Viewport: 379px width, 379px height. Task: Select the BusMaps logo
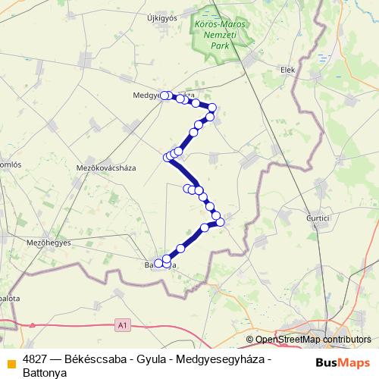point(343,362)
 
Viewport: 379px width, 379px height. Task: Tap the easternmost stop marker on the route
point(221,222)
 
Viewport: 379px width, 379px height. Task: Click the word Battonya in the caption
point(45,372)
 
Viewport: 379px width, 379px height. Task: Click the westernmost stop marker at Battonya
point(158,264)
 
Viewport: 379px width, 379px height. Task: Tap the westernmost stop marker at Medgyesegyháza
point(164,96)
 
